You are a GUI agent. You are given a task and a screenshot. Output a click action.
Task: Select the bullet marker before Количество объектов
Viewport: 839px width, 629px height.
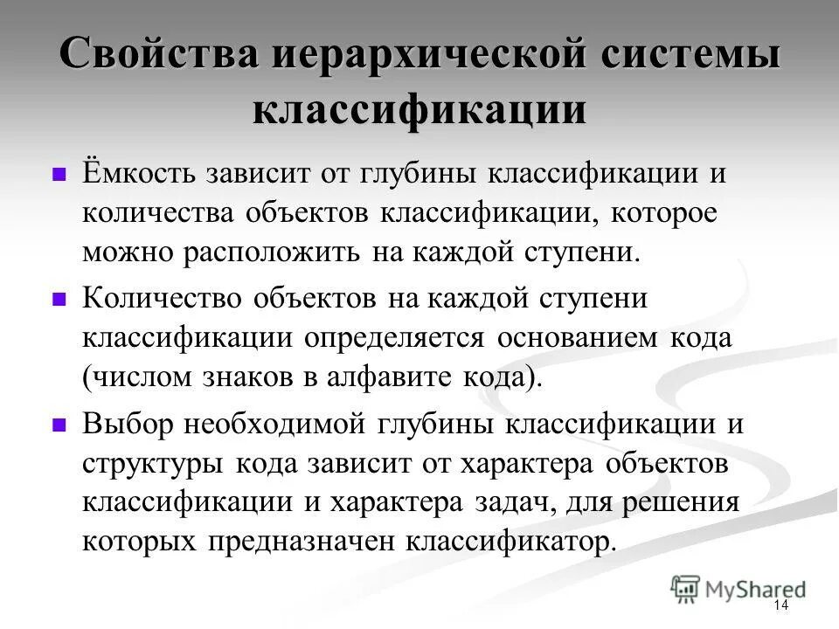pos(59,299)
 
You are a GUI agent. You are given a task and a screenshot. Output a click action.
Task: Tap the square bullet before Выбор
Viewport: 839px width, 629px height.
pos(59,425)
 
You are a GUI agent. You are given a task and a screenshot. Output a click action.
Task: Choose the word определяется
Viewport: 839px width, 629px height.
pos(403,338)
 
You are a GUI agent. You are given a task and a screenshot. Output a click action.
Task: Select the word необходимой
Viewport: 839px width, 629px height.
pos(281,424)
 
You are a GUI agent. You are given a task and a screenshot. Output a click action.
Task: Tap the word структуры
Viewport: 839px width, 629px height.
pos(154,464)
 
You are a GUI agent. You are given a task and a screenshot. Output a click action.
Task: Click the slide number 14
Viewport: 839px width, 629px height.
pos(780,606)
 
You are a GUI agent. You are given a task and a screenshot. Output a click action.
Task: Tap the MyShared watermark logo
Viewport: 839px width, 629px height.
pos(738,588)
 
